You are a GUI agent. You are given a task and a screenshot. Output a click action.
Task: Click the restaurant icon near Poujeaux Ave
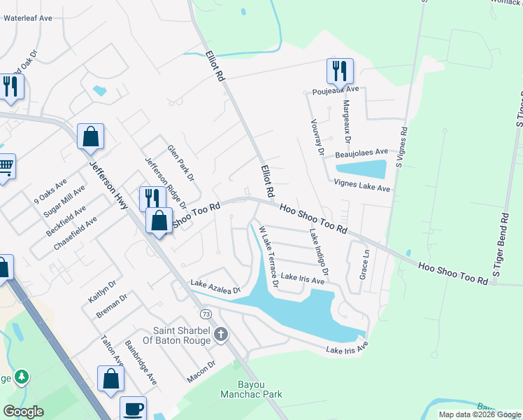pos(340,71)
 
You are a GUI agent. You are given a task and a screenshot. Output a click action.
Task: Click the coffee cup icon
pos(133,409)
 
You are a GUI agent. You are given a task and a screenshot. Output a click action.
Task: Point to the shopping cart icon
pos(5,167)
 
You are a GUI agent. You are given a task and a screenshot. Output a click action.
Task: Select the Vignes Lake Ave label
pos(361,187)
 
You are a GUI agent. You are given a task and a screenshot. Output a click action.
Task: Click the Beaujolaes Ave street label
pos(361,153)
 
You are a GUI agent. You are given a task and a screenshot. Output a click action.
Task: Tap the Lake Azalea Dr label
pos(215,287)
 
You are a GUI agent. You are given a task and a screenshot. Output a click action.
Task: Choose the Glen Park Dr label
pos(180,162)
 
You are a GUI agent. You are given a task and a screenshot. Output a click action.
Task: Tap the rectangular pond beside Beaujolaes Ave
pos(361,169)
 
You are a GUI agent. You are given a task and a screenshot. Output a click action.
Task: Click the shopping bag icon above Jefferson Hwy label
pos(91,136)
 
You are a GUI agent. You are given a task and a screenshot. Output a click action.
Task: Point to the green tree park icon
pos(22,378)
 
